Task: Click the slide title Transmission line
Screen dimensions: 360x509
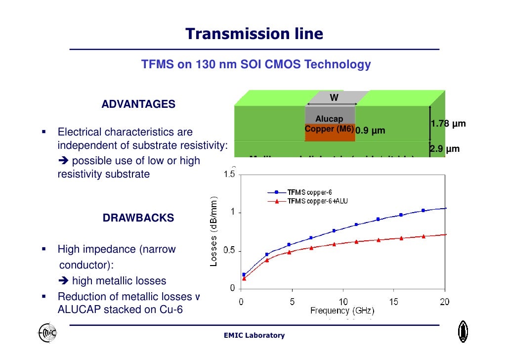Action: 254,34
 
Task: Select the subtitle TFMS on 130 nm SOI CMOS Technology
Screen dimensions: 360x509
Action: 256,64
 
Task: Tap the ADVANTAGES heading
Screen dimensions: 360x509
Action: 138,104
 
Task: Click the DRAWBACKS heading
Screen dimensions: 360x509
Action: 138,218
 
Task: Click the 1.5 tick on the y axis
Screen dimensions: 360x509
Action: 229,175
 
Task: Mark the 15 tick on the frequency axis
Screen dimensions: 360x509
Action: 394,302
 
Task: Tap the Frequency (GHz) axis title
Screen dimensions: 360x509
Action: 342,311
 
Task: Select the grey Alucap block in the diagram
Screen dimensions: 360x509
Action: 330,115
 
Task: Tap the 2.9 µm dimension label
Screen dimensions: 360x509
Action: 444,149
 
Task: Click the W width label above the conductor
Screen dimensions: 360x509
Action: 334,98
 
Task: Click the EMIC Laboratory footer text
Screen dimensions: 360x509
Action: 254,335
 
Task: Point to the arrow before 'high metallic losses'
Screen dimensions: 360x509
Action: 64,281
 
